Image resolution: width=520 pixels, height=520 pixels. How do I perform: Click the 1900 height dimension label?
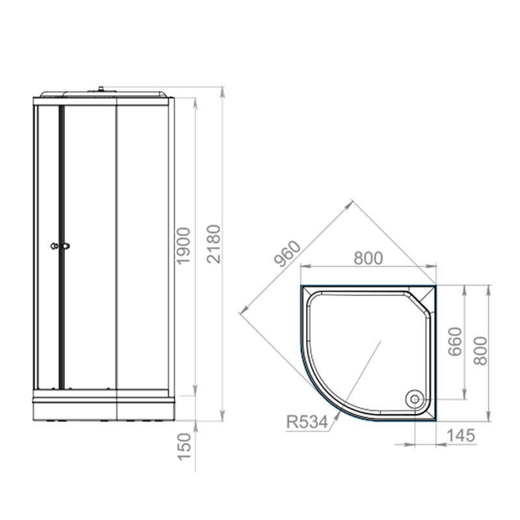click(x=183, y=246)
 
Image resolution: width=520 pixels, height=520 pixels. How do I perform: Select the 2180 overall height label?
click(x=214, y=244)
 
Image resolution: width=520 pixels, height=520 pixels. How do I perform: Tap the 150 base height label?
click(x=185, y=447)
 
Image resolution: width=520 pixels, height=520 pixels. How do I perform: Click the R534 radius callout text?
click(x=307, y=422)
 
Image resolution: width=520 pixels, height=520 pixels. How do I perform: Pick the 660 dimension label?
click(x=454, y=342)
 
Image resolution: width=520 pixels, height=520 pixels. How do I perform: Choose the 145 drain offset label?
click(x=461, y=435)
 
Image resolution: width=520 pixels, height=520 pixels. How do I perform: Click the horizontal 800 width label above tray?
click(x=368, y=258)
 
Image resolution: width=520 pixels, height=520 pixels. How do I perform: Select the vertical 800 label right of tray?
click(x=480, y=351)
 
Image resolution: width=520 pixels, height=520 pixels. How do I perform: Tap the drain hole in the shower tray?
click(x=415, y=398)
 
